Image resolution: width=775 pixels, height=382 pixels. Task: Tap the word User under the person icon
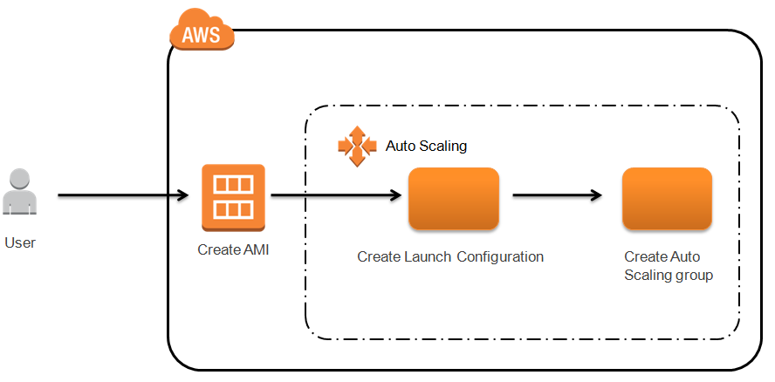point(20,242)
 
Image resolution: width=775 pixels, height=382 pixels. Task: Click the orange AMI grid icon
point(233,197)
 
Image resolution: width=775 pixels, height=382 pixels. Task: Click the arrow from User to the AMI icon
point(122,196)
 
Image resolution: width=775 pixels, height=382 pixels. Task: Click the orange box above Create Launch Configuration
point(454,199)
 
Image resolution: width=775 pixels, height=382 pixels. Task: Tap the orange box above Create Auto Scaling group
point(667,199)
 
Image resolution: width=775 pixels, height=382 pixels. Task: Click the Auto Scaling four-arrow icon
point(356,147)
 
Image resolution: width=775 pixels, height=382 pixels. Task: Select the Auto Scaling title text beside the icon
point(426,147)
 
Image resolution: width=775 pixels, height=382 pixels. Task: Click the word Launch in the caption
point(432,257)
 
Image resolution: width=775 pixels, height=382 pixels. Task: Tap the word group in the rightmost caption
point(696,276)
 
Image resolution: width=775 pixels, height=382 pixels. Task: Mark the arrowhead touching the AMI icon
point(185,196)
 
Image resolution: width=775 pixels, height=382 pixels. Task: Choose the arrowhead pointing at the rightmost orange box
point(596,196)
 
